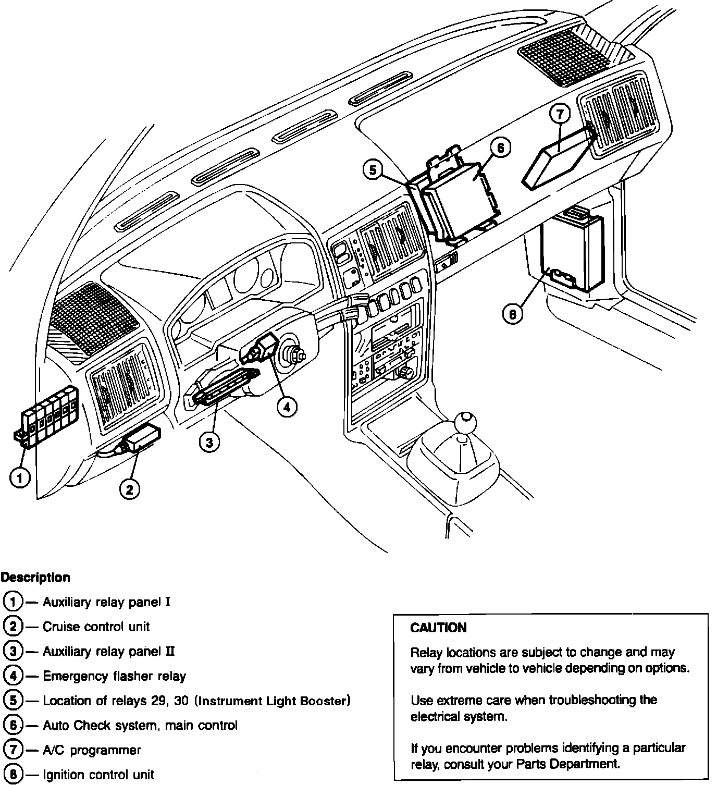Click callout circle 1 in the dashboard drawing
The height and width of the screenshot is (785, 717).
coord(20,477)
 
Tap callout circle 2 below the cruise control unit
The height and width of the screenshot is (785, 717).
coord(129,488)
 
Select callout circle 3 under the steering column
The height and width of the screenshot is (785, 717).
coord(209,443)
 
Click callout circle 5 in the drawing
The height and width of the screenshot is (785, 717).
coord(373,170)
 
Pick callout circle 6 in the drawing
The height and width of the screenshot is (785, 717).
coord(500,148)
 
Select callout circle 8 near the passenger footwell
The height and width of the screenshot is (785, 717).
coord(513,314)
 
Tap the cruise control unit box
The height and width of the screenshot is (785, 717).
coord(144,436)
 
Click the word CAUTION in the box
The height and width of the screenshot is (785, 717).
coord(438,628)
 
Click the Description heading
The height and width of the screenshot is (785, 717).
coord(35,578)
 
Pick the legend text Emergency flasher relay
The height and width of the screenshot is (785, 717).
coord(114,676)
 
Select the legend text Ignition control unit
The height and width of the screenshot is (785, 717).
coord(98,775)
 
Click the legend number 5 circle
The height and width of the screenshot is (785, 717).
coord(13,701)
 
